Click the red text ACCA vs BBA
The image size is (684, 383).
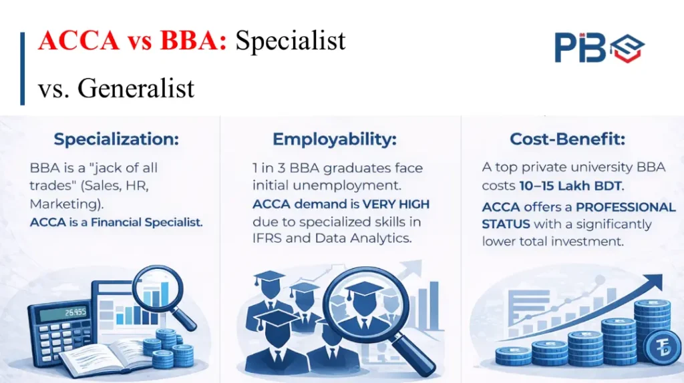(133, 41)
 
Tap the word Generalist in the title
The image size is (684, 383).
(136, 87)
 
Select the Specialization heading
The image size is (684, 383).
(116, 139)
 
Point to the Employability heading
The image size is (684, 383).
(334, 139)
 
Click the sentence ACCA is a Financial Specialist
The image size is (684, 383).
(116, 222)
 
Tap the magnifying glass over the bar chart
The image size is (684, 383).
(158, 290)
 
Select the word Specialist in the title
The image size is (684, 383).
(291, 41)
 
